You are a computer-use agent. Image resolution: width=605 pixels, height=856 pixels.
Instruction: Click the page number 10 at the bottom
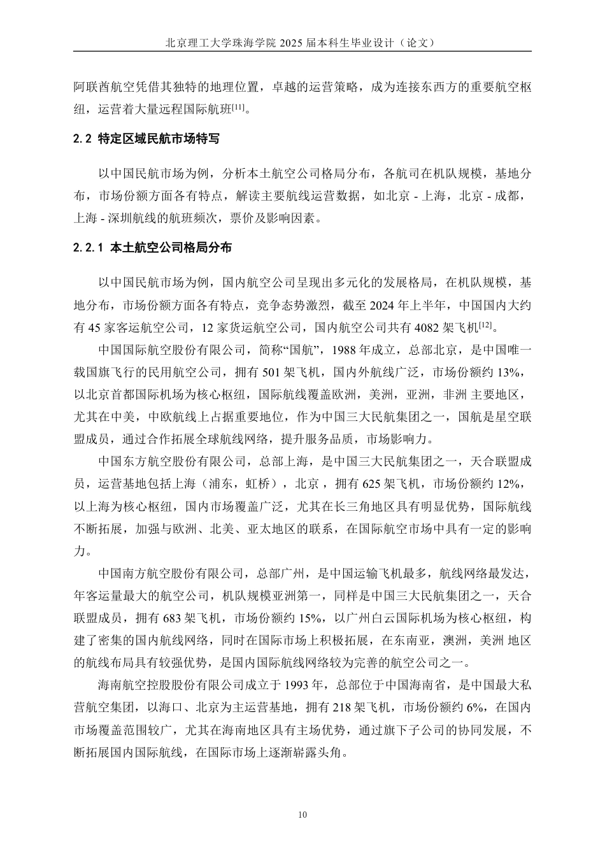click(x=302, y=815)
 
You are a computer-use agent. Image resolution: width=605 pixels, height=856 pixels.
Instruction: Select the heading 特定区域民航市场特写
click(x=159, y=139)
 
